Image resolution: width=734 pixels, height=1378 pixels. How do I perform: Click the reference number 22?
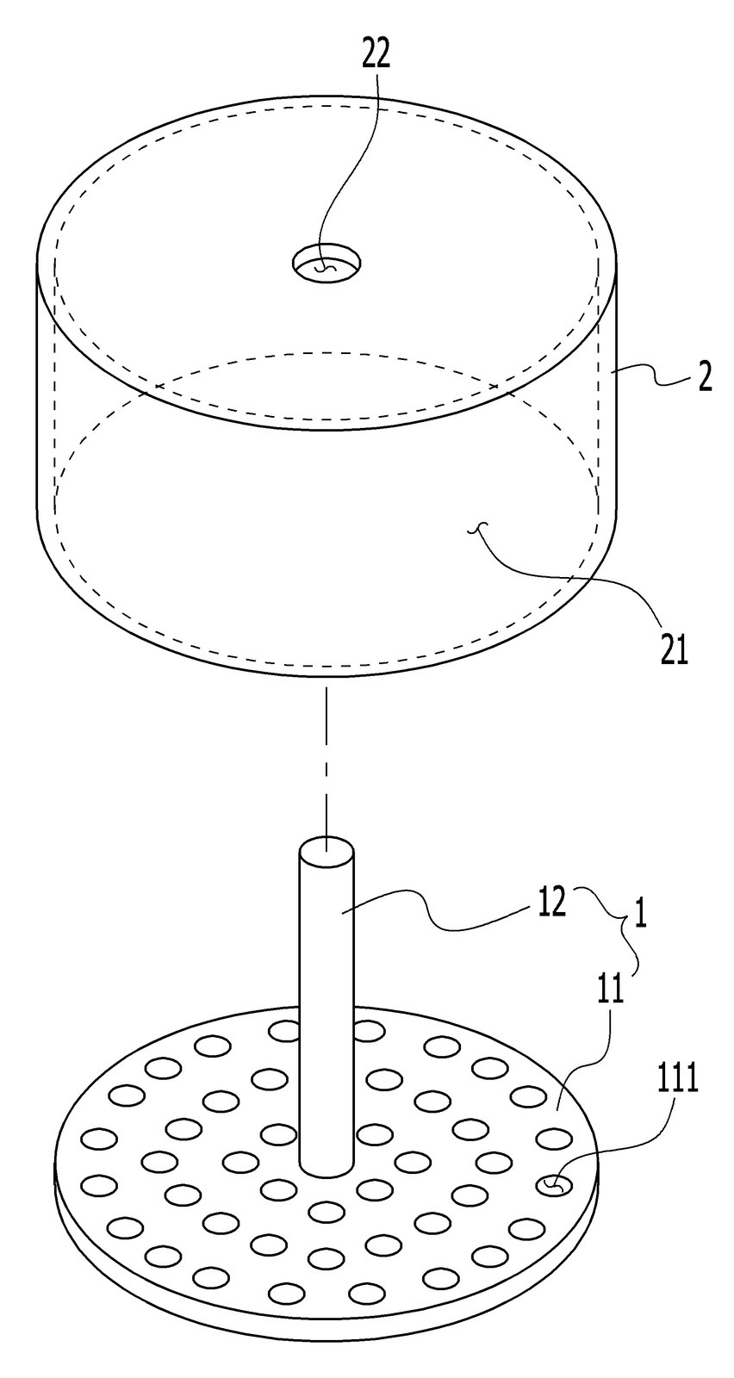376,55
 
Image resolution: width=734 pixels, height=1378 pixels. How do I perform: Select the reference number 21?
674,651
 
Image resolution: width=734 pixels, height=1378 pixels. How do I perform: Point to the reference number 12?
550,904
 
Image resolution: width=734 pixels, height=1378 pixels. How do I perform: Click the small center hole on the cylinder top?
327,265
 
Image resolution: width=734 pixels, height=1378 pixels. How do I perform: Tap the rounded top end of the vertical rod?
327,852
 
